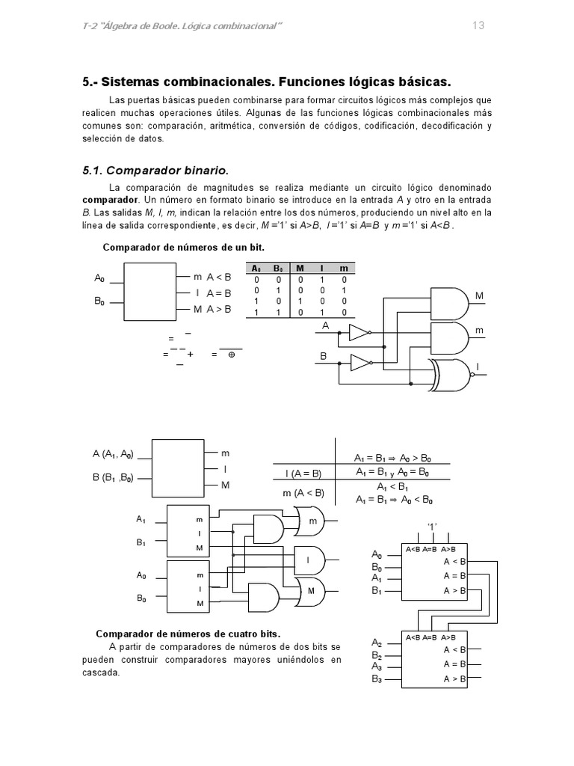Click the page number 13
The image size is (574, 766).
(478, 25)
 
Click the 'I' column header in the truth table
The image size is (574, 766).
(322, 268)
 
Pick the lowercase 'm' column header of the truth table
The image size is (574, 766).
(343, 268)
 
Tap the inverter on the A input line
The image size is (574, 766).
(359, 333)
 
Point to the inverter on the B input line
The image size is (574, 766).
(359, 364)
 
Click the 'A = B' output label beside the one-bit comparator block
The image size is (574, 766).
(218, 293)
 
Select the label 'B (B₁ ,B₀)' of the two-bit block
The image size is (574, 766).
(113, 478)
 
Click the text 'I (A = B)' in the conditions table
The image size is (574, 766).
(303, 473)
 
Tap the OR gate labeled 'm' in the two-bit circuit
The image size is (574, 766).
(309, 520)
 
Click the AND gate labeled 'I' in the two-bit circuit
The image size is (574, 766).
(310, 559)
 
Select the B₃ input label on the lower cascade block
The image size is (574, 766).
(377, 679)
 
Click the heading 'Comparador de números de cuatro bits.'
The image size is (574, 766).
(188, 634)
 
